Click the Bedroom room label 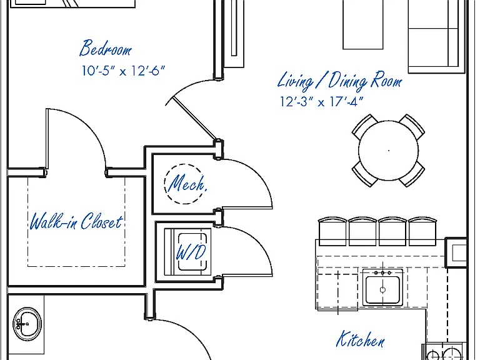(106, 48)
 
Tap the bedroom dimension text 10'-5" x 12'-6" (123, 71)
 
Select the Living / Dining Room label (339, 81)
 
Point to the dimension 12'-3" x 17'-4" (321, 101)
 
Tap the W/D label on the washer (191, 252)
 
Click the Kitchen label (360, 339)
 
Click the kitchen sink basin (382, 289)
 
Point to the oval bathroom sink (27, 323)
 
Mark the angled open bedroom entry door (194, 118)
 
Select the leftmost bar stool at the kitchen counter (332, 231)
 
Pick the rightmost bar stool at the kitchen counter (422, 231)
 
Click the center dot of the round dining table (389, 150)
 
